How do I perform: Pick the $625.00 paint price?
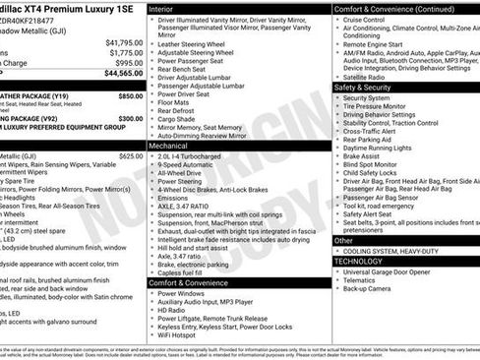click(130, 155)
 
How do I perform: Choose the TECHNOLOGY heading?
click(358, 261)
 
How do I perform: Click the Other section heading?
click(343, 240)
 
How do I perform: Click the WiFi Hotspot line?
click(183, 337)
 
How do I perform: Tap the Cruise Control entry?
click(364, 19)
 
